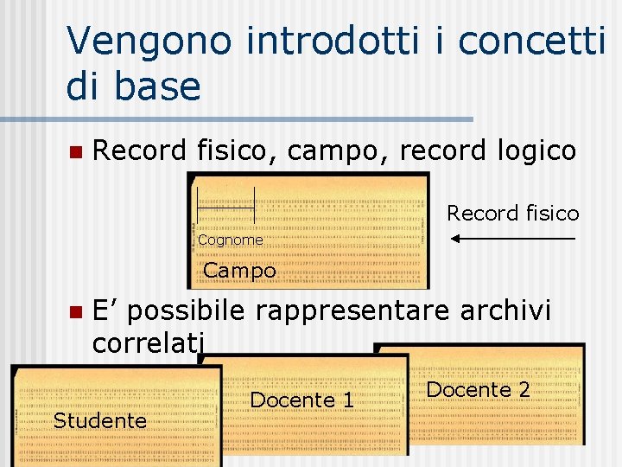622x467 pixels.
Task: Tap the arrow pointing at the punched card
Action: tap(513, 238)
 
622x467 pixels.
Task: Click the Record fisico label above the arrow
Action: tap(512, 213)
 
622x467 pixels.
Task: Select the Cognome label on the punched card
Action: tap(230, 240)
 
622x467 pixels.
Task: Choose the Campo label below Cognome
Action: tap(239, 271)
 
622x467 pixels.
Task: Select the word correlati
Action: tap(149, 342)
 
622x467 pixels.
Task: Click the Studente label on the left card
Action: tap(100, 421)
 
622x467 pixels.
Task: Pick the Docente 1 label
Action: tap(301, 400)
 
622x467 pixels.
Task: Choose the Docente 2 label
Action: tap(478, 390)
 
